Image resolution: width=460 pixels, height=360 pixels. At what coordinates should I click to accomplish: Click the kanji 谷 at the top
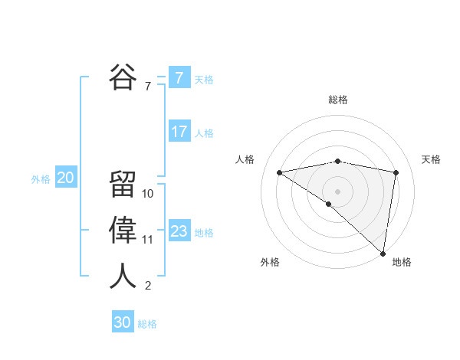(x=123, y=77)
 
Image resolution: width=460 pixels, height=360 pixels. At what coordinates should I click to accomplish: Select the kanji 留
(x=123, y=184)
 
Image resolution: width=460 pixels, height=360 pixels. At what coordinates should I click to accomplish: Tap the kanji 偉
(x=123, y=230)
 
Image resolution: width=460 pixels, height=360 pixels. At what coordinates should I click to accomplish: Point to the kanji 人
(x=123, y=276)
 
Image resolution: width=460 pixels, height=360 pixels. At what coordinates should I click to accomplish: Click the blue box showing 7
(x=179, y=77)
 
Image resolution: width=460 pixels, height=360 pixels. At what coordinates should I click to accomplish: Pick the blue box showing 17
(x=179, y=131)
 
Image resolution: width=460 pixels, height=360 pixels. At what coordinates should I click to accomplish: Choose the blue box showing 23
(x=179, y=231)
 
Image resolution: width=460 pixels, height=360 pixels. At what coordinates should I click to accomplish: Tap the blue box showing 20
(x=66, y=178)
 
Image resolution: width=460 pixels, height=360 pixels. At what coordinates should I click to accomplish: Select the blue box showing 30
(x=123, y=322)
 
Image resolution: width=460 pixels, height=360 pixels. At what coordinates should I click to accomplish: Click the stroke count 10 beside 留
(x=148, y=194)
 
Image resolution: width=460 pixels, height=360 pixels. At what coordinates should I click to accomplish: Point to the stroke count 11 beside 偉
(x=148, y=240)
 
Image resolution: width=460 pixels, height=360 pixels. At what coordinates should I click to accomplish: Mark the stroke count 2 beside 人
(x=148, y=286)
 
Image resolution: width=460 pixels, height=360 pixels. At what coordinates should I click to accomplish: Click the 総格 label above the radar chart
(x=338, y=100)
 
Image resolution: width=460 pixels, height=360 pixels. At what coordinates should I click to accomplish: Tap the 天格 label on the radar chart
(x=431, y=159)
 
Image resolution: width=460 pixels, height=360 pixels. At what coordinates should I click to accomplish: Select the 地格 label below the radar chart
(x=402, y=262)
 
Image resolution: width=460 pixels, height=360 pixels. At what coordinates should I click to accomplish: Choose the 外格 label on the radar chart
(x=270, y=262)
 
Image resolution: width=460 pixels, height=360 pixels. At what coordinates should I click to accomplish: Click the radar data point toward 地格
(x=382, y=252)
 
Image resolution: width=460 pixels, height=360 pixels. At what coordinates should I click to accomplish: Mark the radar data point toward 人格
(x=280, y=172)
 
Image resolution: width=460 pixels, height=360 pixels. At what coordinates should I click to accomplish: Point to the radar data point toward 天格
(x=396, y=172)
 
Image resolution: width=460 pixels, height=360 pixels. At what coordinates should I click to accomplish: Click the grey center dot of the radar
(x=338, y=191)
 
